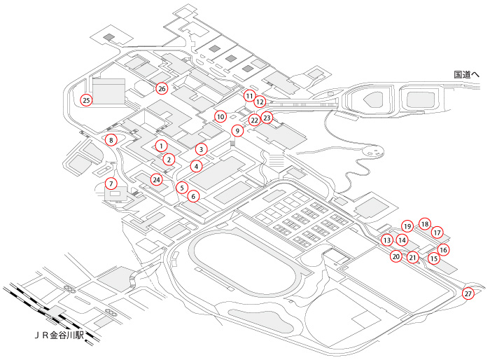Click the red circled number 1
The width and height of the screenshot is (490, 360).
(x=161, y=146)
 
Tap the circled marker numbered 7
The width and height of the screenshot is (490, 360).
(x=111, y=184)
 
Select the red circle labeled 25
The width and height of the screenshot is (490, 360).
(x=86, y=100)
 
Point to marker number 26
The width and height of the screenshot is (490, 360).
(x=162, y=88)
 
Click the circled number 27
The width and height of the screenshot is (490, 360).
(x=468, y=293)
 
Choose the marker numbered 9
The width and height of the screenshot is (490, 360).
(x=237, y=131)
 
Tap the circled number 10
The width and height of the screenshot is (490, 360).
(x=220, y=117)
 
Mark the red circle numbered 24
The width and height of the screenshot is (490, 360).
(x=157, y=180)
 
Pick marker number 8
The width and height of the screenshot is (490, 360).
(x=111, y=140)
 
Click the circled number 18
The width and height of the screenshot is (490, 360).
(x=424, y=224)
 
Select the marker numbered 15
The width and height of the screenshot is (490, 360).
(x=434, y=258)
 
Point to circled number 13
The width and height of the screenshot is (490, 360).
(x=387, y=240)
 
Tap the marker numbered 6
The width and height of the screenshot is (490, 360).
(x=193, y=197)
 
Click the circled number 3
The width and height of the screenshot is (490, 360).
(x=201, y=149)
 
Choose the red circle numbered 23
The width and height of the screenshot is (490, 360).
(x=267, y=118)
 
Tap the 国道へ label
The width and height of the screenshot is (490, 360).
(x=465, y=74)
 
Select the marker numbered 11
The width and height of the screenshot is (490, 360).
(x=249, y=95)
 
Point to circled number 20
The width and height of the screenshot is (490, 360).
(x=396, y=256)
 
